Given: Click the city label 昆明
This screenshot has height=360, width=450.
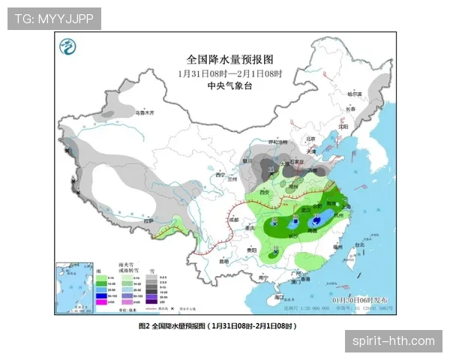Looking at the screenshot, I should pyautogui.click(x=223, y=261).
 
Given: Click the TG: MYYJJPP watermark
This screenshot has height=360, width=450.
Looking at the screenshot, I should pyautogui.click(x=54, y=18).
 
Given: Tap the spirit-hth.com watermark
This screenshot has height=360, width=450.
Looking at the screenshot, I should pyautogui.click(x=393, y=341).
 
